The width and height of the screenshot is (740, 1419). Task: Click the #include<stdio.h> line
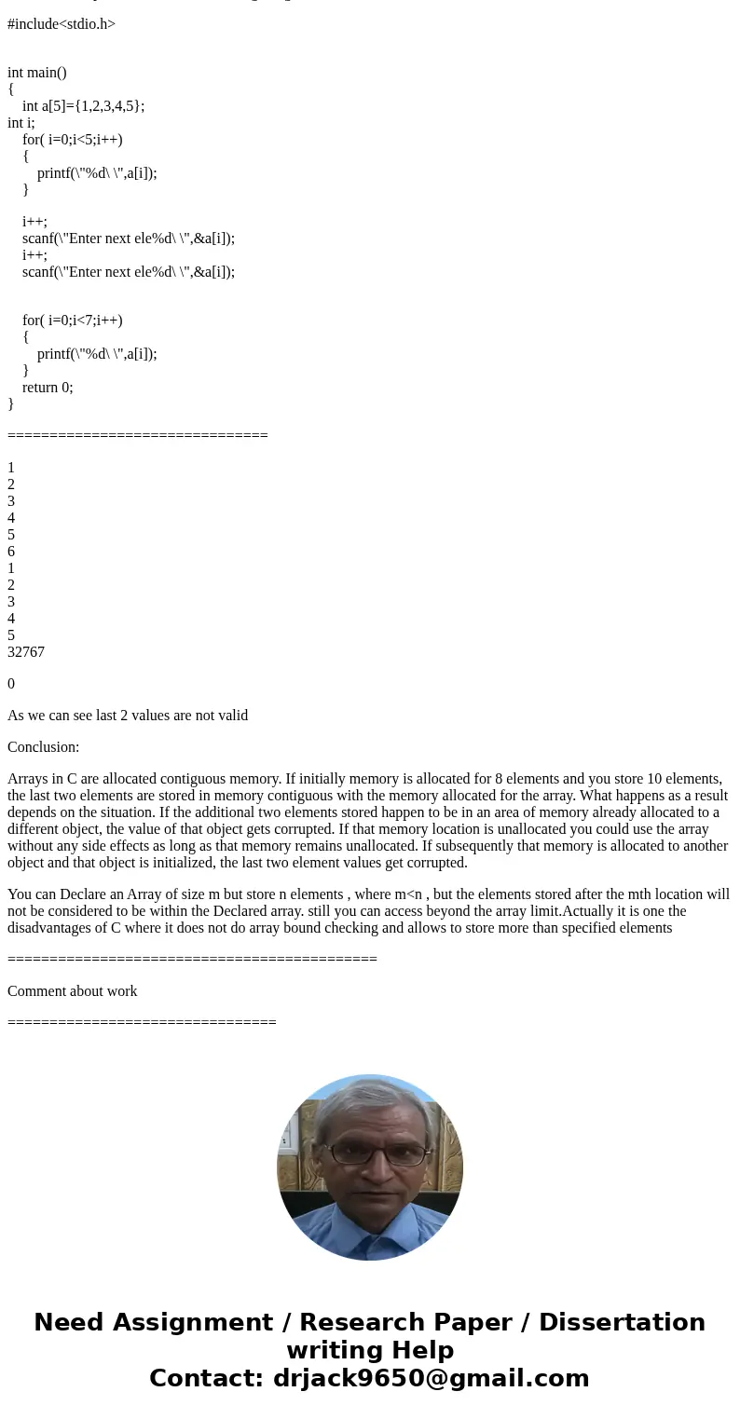point(62,24)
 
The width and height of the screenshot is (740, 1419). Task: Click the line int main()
point(37,73)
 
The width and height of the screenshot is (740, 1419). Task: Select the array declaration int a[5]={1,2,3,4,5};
point(83,106)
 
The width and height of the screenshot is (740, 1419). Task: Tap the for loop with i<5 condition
point(73,140)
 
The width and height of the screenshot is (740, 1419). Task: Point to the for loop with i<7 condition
point(73,321)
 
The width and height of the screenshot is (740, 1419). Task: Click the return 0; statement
point(48,388)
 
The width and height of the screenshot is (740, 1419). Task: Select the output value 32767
point(26,652)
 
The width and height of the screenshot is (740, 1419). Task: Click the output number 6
point(11,552)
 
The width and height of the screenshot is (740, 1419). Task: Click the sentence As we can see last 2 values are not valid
point(128,716)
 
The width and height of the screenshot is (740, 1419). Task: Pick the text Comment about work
point(73,991)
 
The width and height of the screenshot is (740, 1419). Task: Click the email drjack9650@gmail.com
point(431,1378)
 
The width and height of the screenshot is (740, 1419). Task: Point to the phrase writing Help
point(370,1350)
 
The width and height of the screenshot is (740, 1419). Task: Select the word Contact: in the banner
point(207,1378)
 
